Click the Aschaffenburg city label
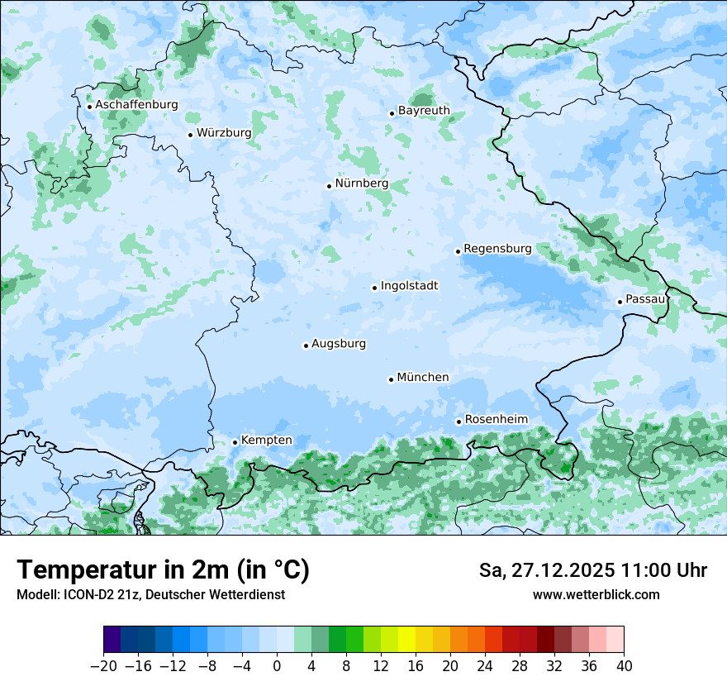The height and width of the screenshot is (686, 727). click(136, 105)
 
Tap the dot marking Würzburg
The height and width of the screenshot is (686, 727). click(190, 135)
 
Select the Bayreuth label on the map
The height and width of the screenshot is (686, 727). click(424, 110)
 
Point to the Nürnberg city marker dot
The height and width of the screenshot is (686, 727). click(329, 186)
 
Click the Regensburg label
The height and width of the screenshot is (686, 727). click(497, 248)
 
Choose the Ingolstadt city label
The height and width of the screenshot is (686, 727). click(409, 286)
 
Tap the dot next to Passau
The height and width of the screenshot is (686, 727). click(620, 302)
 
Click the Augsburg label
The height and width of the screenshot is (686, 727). click(339, 344)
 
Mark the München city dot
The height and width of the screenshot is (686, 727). click(391, 379)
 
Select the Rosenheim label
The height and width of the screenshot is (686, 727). click(496, 419)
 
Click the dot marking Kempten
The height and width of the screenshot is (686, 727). click(235, 442)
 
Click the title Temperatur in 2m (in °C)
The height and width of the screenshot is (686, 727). click(163, 570)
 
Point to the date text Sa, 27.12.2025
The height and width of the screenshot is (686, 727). click(546, 570)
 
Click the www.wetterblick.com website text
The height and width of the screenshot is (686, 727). click(596, 594)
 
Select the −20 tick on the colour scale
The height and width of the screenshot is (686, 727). click(103, 666)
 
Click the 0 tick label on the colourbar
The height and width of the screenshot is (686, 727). click(277, 666)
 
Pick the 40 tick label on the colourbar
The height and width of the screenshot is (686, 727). click(624, 666)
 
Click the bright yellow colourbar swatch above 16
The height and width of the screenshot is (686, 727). click(406, 640)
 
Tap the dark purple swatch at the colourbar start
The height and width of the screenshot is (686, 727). click(112, 640)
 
